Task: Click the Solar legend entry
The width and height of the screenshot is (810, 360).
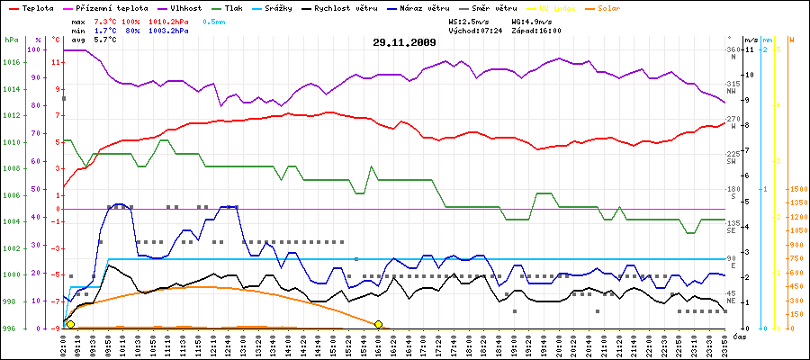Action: click(621, 7)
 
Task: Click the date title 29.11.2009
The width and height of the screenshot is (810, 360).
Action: click(405, 42)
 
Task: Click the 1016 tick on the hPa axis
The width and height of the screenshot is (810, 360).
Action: click(12, 62)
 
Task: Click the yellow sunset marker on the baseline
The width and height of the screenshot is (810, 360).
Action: click(379, 324)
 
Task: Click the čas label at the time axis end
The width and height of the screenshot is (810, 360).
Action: click(738, 337)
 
